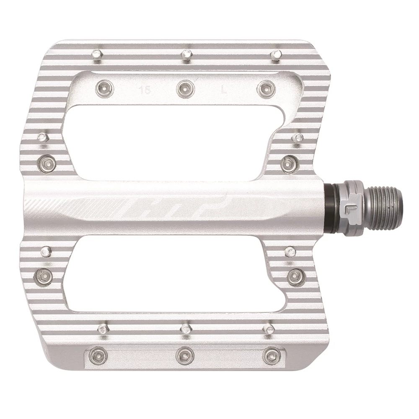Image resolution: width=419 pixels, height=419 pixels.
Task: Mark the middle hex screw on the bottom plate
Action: (x=184, y=356)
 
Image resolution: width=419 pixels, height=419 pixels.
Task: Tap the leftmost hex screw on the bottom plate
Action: (x=98, y=356)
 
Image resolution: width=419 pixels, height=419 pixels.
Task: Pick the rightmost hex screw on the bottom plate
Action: (x=271, y=356)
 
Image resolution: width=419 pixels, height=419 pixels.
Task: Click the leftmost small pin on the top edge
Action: (x=97, y=53)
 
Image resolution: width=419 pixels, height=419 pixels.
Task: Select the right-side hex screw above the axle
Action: (x=289, y=163)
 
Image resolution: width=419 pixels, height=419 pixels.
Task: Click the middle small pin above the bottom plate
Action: (x=185, y=327)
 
